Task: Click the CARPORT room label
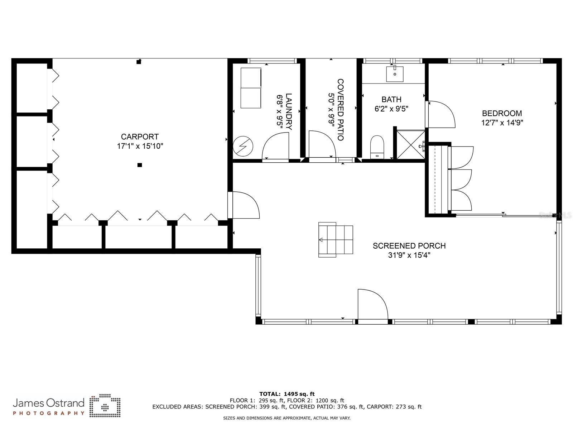pyautogui.click(x=140, y=137)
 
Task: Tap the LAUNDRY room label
pyautogui.click(x=288, y=111)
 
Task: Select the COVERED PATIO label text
pyautogui.click(x=341, y=110)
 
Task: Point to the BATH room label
pyautogui.click(x=391, y=100)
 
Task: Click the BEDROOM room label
pyautogui.click(x=502, y=113)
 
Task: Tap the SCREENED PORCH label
pyautogui.click(x=409, y=246)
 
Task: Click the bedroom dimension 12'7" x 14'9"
pyautogui.click(x=502, y=123)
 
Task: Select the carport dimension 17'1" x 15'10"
pyautogui.click(x=140, y=146)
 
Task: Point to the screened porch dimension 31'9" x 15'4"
pyautogui.click(x=409, y=255)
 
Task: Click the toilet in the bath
pyautogui.click(x=377, y=147)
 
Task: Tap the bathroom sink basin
pyautogui.click(x=395, y=74)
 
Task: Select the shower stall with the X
pyautogui.click(x=411, y=145)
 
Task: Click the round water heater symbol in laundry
pyautogui.click(x=243, y=146)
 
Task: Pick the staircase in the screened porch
pyautogui.click(x=336, y=240)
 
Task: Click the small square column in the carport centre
pyautogui.click(x=140, y=165)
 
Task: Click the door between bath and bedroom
pyautogui.click(x=440, y=114)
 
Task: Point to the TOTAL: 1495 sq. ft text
pyautogui.click(x=287, y=394)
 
